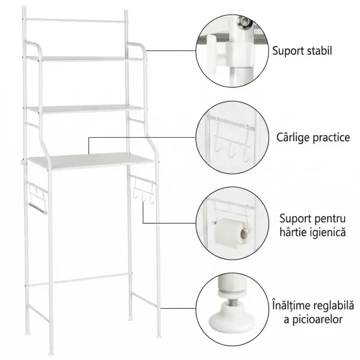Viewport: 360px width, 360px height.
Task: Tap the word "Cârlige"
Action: pos(292,138)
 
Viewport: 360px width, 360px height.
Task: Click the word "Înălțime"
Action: pos(290,305)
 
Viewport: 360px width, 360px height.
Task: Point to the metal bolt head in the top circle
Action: pos(244,22)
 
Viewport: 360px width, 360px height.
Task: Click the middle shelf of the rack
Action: pos(85,109)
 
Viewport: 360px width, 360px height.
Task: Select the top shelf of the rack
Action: pos(85,59)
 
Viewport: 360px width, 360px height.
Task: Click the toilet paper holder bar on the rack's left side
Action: pos(37,208)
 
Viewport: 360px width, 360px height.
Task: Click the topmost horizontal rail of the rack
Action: pos(76,21)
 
